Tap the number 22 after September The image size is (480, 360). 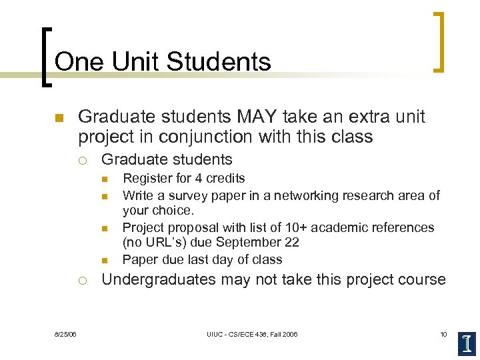tap(291, 243)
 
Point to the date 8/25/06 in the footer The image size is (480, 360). tap(65, 334)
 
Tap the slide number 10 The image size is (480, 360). tap(443, 334)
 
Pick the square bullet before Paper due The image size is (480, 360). tap(105, 260)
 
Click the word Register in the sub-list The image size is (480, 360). tap(145, 178)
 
